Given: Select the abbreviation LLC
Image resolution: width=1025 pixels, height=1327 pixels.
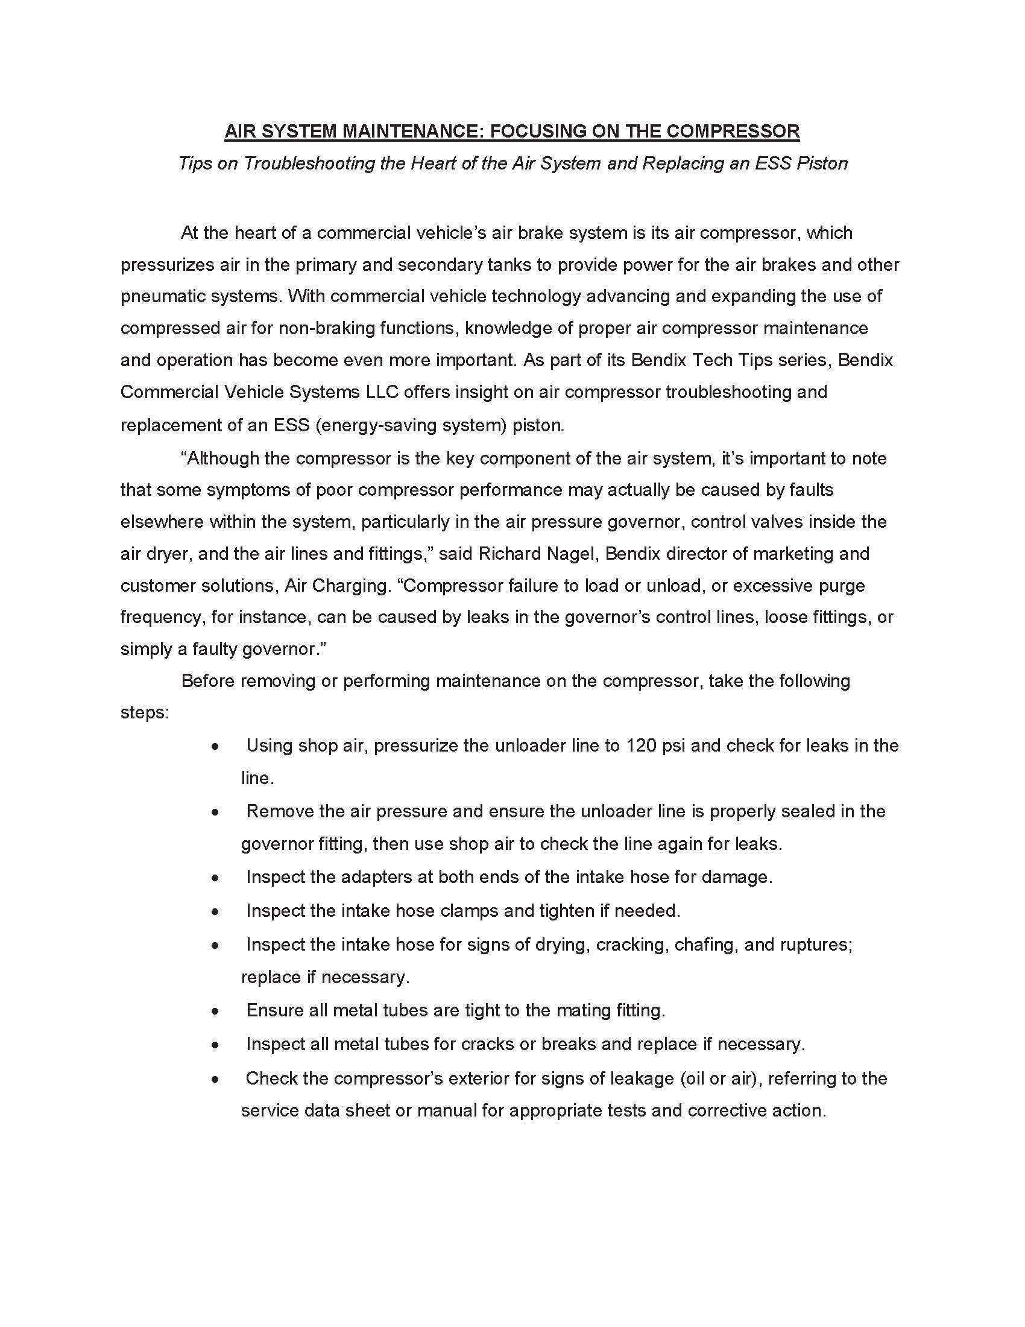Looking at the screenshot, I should pyautogui.click(x=382, y=392).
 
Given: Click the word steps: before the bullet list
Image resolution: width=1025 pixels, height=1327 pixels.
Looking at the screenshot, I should pyautogui.click(x=145, y=712).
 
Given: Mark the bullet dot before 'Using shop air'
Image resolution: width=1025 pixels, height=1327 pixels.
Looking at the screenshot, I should pyautogui.click(x=215, y=746).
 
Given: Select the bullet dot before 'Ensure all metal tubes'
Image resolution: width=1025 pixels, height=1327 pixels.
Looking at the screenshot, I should pyautogui.click(x=215, y=1011).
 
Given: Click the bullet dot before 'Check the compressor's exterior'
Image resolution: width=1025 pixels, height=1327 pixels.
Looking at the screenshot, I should pyautogui.click(x=215, y=1079).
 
